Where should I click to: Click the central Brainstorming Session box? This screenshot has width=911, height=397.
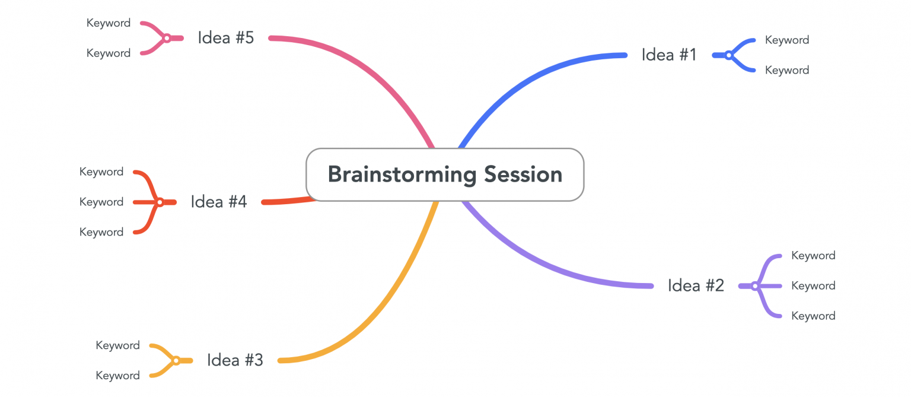[445, 174]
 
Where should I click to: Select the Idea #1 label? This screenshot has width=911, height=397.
[668, 55]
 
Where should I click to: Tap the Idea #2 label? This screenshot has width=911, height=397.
[696, 285]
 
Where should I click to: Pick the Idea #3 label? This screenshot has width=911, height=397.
[235, 360]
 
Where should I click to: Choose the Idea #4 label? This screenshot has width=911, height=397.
[218, 202]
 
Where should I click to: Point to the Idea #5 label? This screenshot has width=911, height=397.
[225, 38]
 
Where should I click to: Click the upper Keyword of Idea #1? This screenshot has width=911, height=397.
[786, 40]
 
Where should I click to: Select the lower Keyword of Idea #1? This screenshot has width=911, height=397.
[786, 70]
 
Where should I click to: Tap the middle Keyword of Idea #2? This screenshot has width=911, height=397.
[813, 285]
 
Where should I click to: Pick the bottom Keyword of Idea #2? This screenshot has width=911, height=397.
[813, 316]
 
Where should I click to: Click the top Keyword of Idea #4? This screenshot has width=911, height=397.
[101, 171]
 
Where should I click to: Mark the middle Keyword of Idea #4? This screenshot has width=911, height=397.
[101, 202]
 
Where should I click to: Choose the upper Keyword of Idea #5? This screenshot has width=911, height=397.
[109, 23]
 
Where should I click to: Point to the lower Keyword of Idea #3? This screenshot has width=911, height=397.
[117, 375]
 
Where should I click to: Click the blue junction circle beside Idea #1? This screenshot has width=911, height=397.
[729, 55]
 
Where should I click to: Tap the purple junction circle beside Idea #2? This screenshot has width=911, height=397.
[755, 286]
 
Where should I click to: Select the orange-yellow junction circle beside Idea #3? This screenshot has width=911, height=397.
[176, 360]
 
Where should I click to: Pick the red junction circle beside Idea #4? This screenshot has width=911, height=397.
[160, 202]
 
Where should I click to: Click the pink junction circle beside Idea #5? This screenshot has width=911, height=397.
[167, 38]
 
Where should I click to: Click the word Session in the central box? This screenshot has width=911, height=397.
[523, 174]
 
